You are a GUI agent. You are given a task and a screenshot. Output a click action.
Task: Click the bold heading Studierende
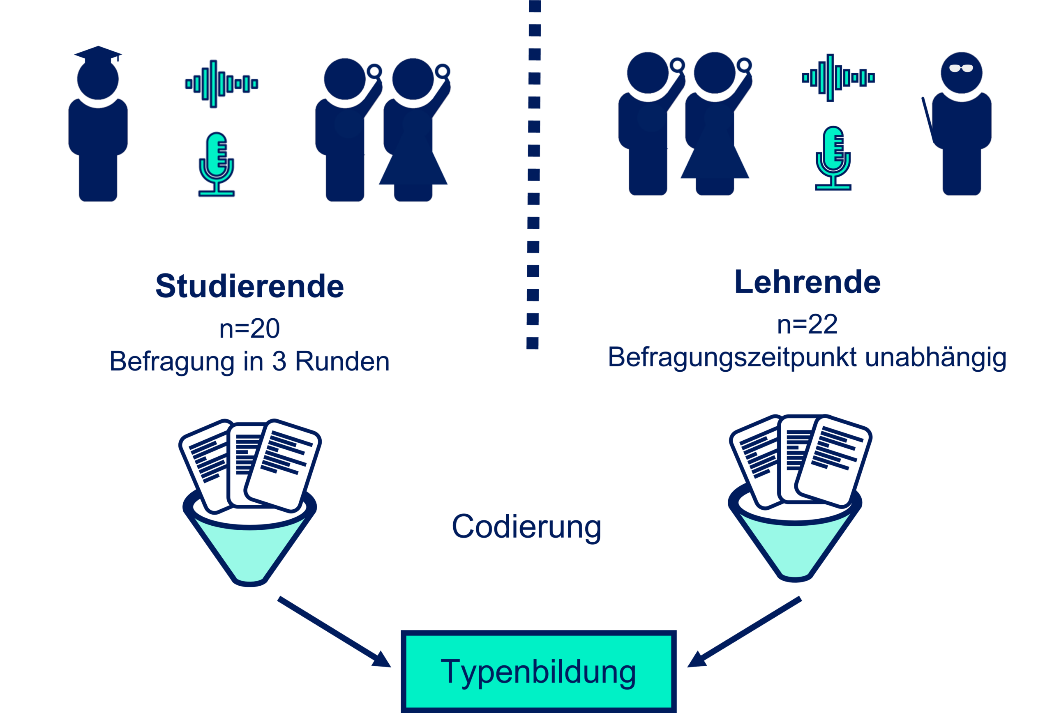coord(249,286)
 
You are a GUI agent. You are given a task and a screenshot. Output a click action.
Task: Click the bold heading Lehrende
coord(807,282)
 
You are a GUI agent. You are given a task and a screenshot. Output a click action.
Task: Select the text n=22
coord(807,324)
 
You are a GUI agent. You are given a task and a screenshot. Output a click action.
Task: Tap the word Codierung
coord(526,527)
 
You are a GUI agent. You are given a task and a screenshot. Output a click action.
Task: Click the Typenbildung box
coord(538,672)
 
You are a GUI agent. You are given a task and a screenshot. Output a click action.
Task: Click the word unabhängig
coord(935,358)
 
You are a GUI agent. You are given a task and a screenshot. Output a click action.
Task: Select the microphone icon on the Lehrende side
coord(833,159)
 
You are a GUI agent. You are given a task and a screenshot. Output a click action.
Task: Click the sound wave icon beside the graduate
coord(221,84)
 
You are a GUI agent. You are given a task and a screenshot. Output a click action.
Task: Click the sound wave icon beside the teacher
coord(838,78)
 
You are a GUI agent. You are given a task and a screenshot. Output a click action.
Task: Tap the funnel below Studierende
coord(249,543)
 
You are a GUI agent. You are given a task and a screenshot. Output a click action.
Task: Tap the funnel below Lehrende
coord(795,538)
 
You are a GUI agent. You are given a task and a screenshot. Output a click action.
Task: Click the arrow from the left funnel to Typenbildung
coord(335,632)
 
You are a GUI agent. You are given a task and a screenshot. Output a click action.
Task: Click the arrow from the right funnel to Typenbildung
coord(745,632)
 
